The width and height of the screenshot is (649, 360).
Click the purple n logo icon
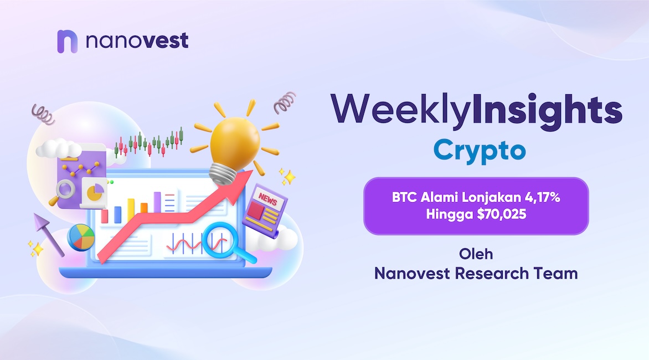[67, 42]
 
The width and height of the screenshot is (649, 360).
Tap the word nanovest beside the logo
[137, 40]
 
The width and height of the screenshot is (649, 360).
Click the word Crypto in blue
[480, 151]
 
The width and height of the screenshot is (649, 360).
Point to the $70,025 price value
[501, 214]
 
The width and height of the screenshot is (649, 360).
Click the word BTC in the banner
[404, 197]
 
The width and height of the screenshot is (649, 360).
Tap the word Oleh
[476, 254]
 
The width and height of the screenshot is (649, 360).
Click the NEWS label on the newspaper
[267, 200]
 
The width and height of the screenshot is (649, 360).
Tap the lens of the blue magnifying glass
[218, 240]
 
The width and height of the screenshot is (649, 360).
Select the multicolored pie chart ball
[81, 238]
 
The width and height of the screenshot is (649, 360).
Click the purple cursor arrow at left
[48, 234]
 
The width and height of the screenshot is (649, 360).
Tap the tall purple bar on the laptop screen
[157, 202]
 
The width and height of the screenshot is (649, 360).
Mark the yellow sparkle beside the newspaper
[287, 177]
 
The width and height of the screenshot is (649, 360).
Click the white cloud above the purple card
[59, 148]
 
